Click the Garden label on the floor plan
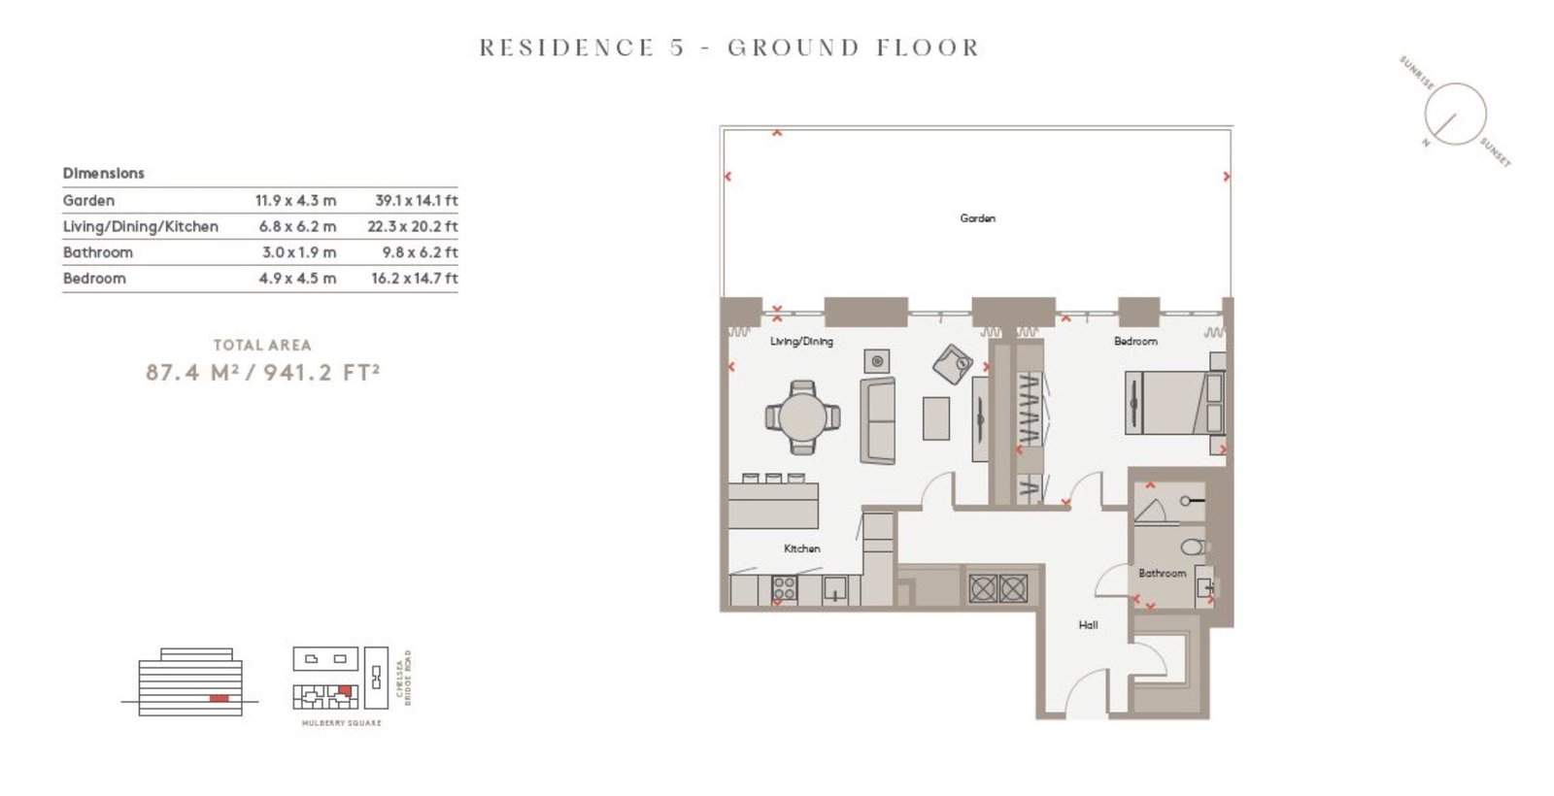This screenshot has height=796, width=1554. click(x=977, y=218)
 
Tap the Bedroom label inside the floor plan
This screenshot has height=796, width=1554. click(x=1135, y=341)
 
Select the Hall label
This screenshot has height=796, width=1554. click(x=1088, y=625)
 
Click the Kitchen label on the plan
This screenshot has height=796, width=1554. click(x=802, y=548)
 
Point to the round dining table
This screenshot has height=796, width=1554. click(x=802, y=417)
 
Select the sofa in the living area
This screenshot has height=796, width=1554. click(x=878, y=420)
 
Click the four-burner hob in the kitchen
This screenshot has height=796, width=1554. click(x=785, y=588)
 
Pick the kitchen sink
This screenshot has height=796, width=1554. click(x=834, y=589)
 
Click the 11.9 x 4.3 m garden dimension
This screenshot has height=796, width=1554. click(x=295, y=201)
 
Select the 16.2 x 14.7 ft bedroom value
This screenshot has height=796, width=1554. click(x=414, y=279)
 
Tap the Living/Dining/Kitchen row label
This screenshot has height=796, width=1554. click(x=140, y=227)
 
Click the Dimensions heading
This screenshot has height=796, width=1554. click(x=103, y=174)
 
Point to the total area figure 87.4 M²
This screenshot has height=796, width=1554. click(x=192, y=373)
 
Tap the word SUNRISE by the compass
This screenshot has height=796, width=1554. click(x=1417, y=73)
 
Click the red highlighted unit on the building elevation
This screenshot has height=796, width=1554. click(x=219, y=698)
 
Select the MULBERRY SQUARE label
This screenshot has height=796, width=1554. click(x=341, y=723)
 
